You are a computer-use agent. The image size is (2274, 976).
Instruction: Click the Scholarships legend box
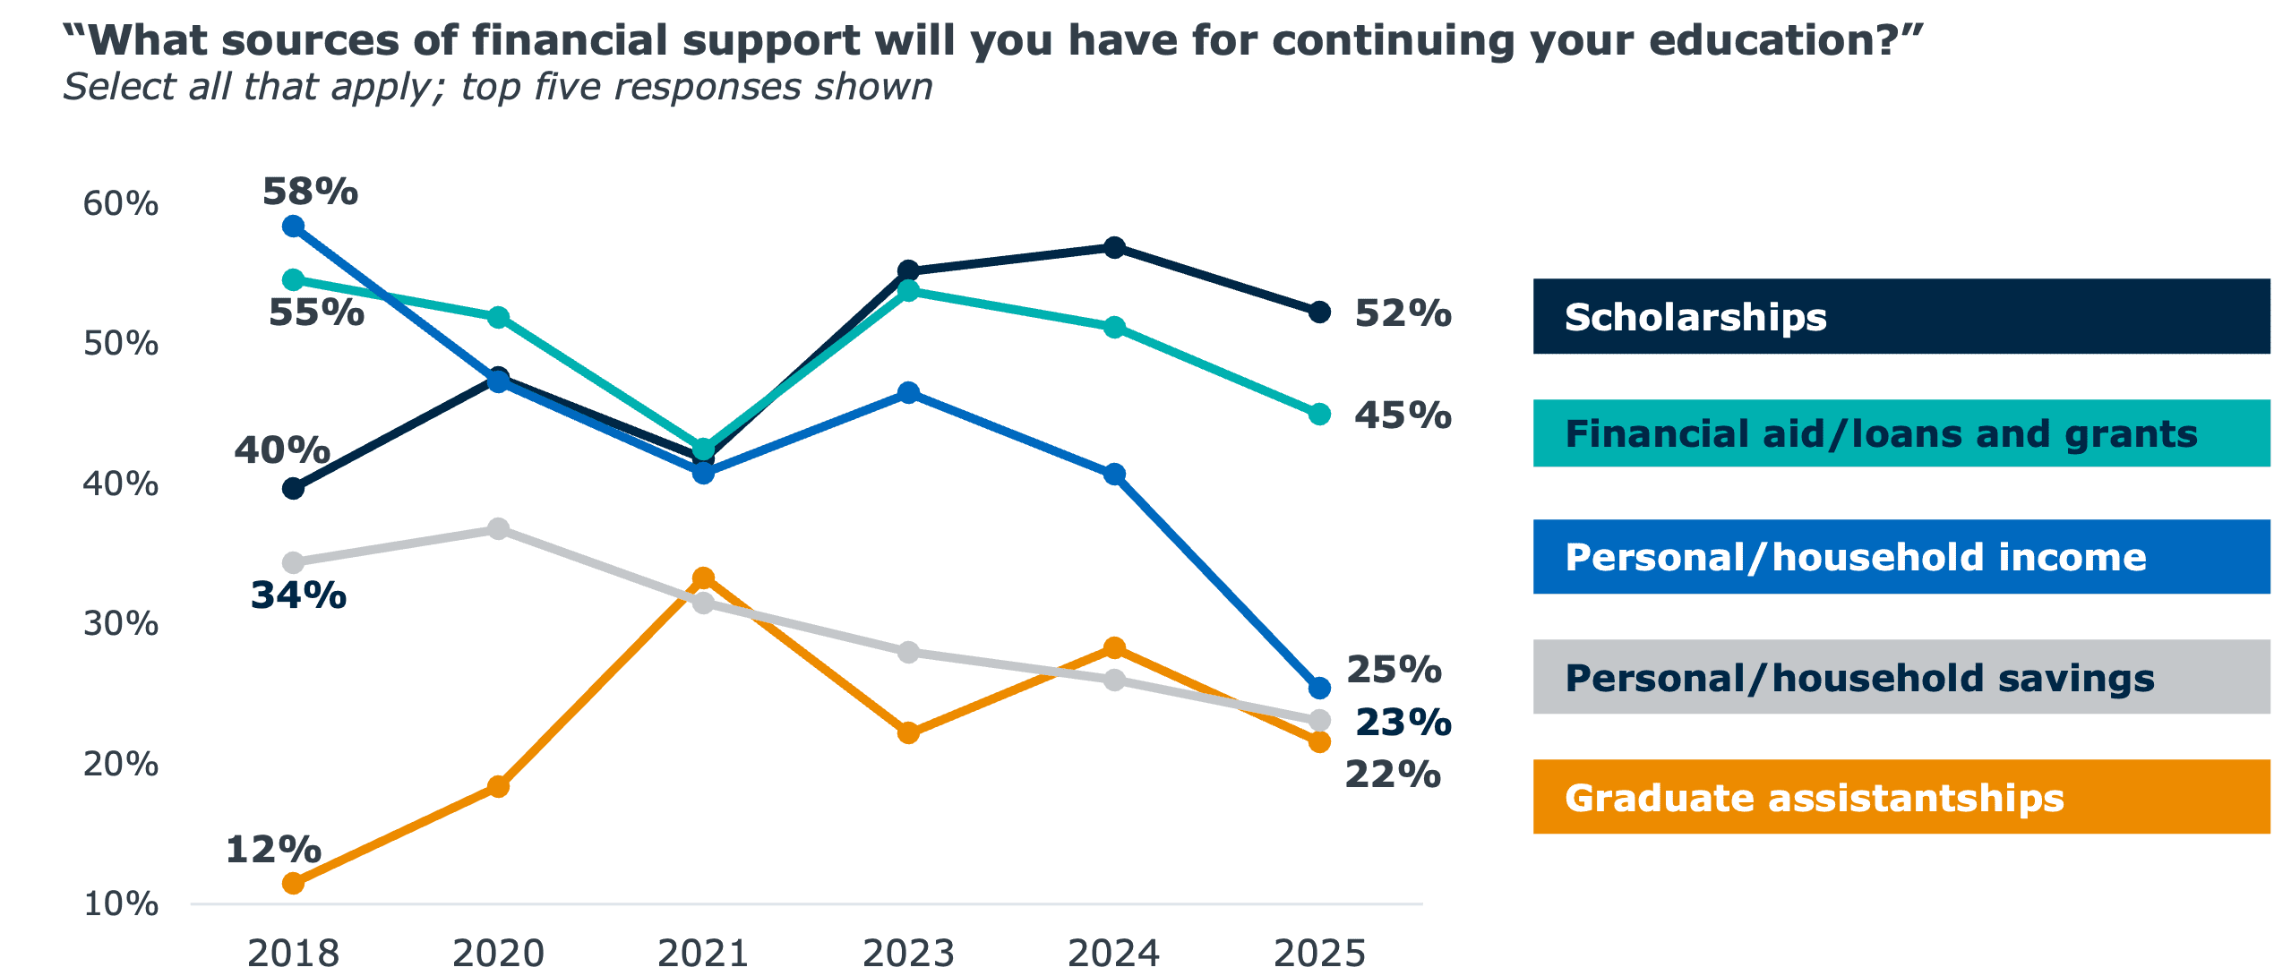point(1901,316)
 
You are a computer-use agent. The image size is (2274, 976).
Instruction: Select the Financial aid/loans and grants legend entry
point(1901,433)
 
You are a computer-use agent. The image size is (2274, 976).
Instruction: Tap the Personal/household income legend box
point(1901,557)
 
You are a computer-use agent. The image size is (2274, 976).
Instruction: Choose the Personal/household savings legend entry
point(1901,677)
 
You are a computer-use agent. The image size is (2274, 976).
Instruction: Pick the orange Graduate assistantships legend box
point(1901,797)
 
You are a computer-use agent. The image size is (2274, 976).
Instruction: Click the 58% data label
point(310,192)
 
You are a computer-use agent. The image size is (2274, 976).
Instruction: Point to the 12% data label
point(273,849)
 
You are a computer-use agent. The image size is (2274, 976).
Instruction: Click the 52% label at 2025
point(1403,313)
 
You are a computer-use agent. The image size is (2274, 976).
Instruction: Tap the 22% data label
point(1393,775)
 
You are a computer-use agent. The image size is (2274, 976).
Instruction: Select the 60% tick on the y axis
point(120,204)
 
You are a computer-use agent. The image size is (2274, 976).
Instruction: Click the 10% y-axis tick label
point(120,903)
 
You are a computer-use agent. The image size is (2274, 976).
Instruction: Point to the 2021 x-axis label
point(703,954)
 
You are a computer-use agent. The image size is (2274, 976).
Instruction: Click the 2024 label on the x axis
point(1113,954)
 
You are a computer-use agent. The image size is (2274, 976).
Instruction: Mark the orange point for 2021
point(703,578)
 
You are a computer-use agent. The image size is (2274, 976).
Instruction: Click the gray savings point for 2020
point(498,528)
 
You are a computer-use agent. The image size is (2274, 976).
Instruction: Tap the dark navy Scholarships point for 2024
point(1114,247)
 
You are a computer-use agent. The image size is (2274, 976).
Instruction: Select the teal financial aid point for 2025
point(1319,414)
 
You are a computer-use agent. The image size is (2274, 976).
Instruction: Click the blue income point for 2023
point(908,392)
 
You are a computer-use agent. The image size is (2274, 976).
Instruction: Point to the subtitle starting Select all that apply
point(497,87)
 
